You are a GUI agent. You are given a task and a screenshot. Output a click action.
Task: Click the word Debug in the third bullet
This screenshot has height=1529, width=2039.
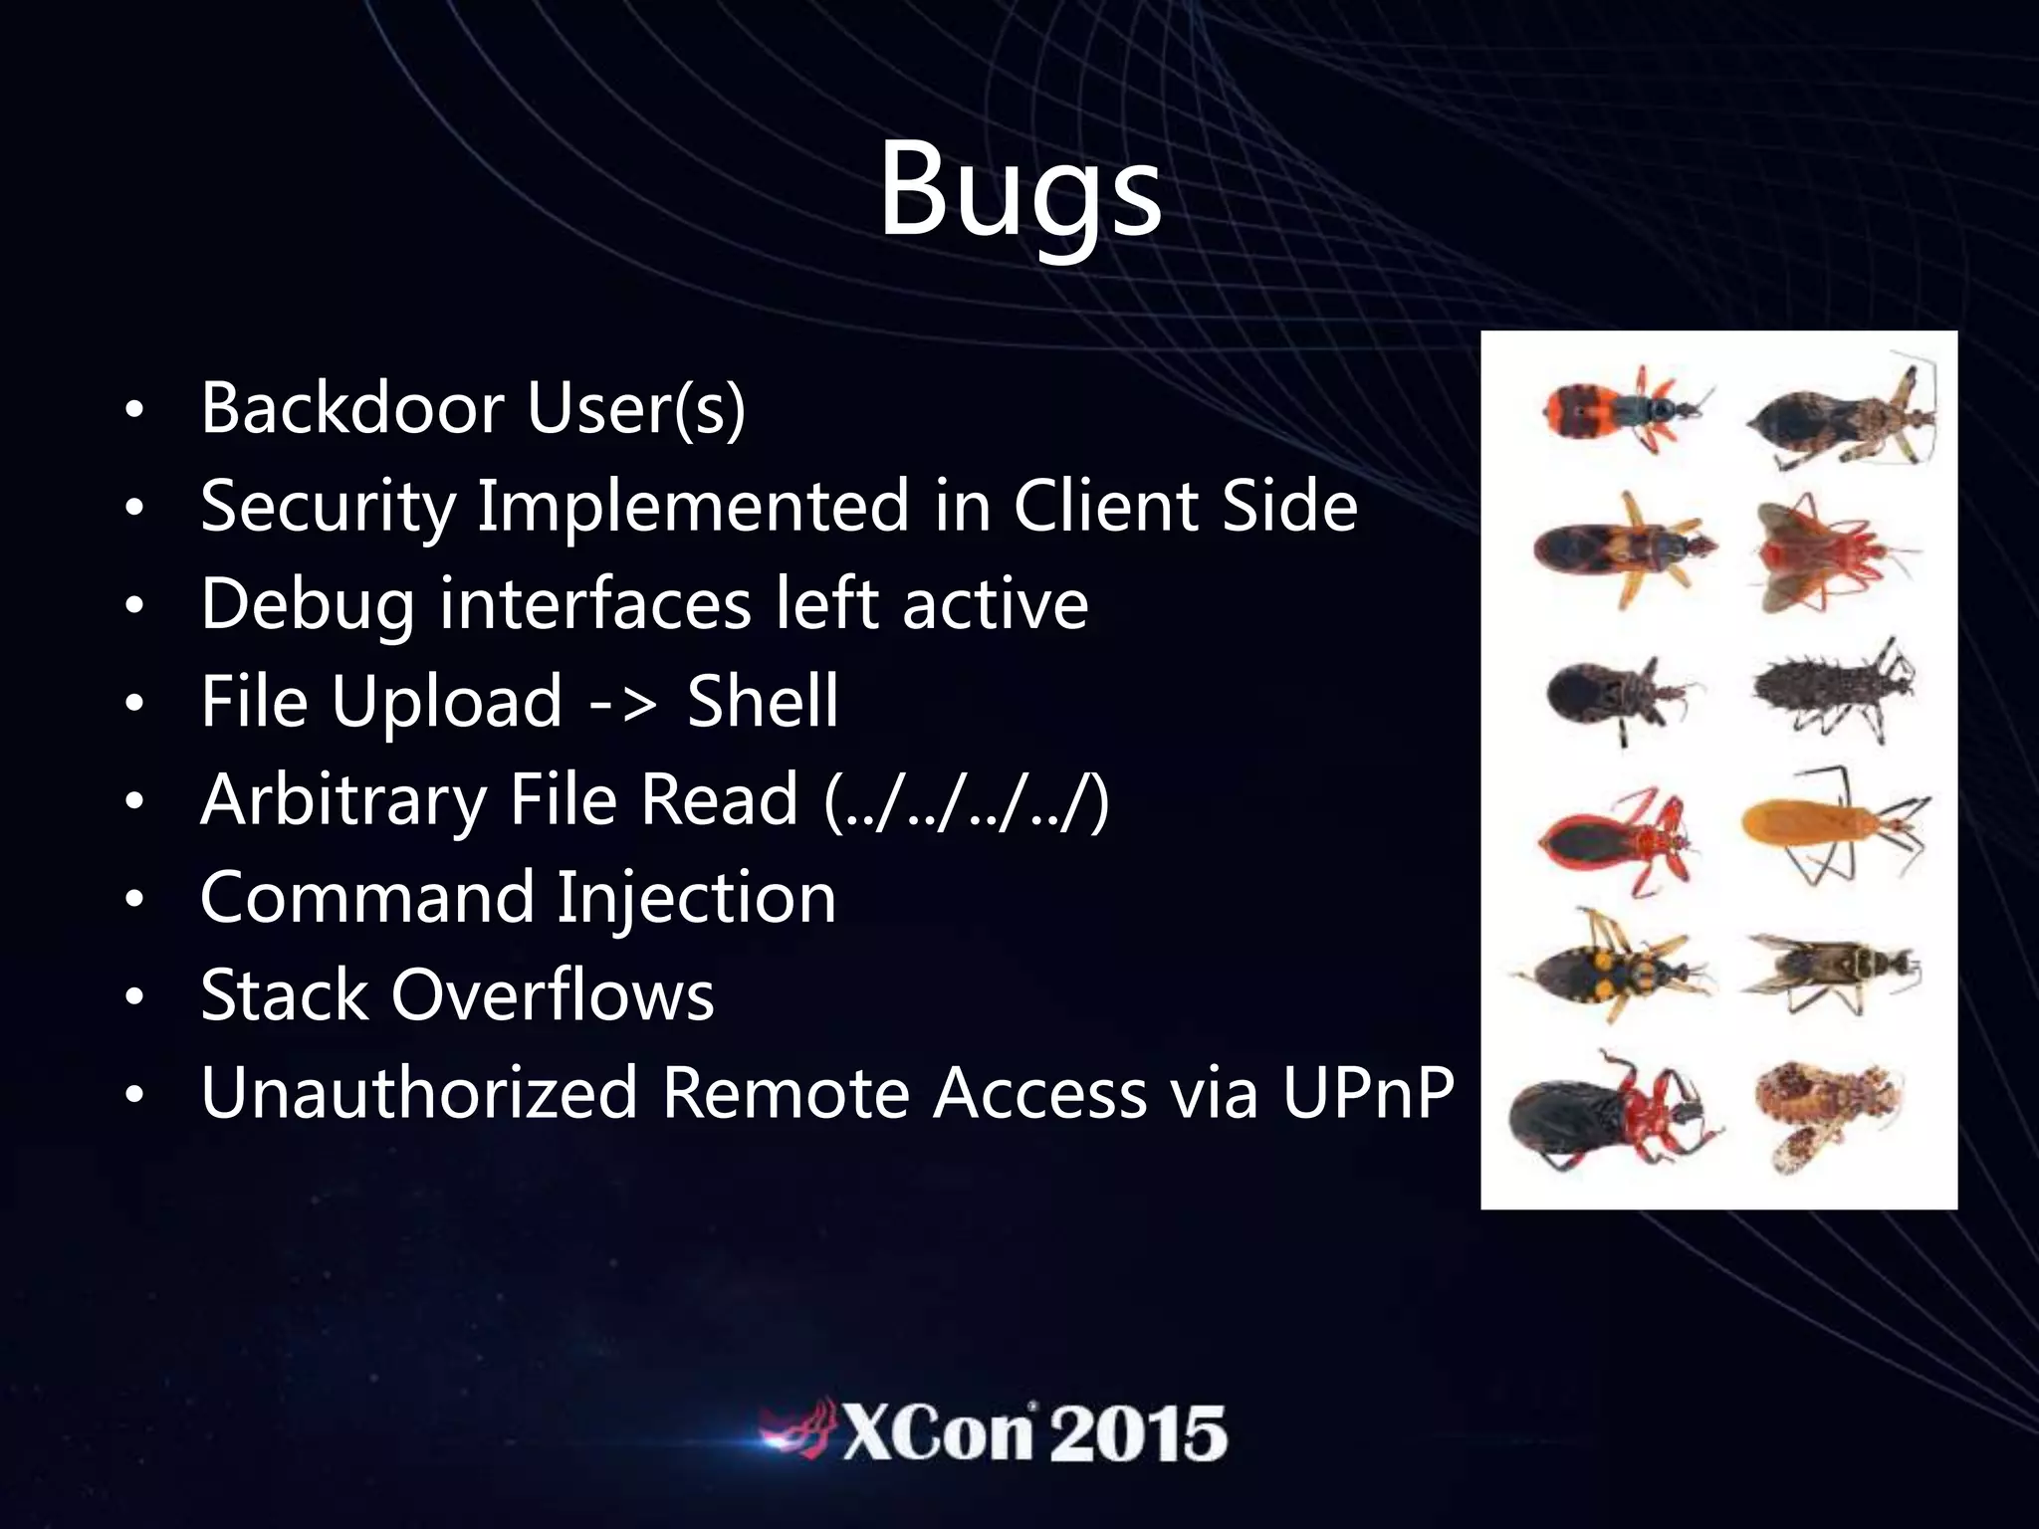click(x=308, y=604)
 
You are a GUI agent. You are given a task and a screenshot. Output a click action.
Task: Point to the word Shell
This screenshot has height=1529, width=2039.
click(x=763, y=701)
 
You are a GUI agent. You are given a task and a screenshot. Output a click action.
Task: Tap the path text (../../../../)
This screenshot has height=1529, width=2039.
click(x=967, y=799)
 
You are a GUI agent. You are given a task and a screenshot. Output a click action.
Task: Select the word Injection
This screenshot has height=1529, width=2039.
click(x=696, y=897)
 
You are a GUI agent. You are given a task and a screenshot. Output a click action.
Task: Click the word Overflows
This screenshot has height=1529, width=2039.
click(x=553, y=994)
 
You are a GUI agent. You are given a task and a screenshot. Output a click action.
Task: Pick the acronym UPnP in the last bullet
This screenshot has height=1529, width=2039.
click(x=1368, y=1093)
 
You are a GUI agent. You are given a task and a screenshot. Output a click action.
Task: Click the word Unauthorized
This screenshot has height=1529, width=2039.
click(x=418, y=1093)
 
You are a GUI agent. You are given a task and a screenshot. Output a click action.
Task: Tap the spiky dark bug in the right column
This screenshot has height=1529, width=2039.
click(x=1832, y=687)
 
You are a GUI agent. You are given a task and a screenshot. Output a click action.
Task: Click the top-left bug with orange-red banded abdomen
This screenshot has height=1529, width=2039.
click(x=1613, y=408)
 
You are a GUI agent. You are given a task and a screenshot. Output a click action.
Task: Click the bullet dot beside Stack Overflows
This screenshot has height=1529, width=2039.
click(x=135, y=997)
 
